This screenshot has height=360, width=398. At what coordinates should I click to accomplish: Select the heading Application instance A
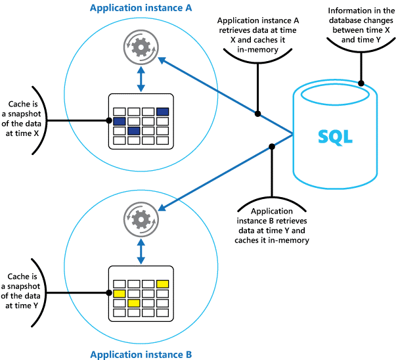click(141, 8)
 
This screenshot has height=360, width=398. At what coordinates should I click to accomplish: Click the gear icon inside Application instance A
click(139, 47)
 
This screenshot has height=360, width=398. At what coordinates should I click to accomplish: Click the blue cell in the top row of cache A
click(162, 112)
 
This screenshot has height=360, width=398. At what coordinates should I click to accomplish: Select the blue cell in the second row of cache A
click(120, 122)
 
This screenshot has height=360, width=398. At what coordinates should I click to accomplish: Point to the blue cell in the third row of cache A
click(134, 131)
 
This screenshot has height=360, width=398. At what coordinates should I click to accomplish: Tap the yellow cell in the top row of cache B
click(162, 284)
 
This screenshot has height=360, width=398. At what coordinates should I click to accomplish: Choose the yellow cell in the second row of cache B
click(120, 294)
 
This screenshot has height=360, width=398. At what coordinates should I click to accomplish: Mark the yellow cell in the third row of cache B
click(134, 303)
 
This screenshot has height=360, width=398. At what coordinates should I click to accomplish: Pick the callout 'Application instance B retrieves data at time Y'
click(271, 226)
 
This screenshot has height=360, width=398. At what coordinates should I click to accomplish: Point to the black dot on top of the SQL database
click(360, 83)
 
